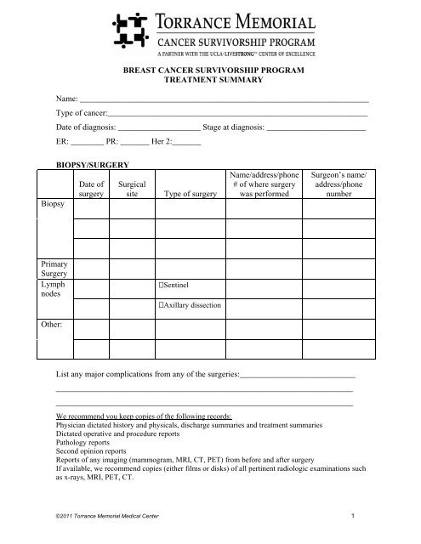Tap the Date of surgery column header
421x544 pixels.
coord(90,188)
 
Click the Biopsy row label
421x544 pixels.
coord(51,207)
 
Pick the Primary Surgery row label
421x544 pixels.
coord(53,269)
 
